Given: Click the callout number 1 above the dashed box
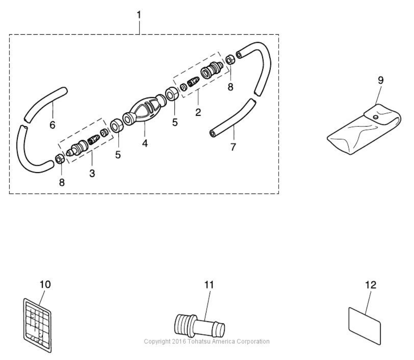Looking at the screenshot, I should (x=139, y=15).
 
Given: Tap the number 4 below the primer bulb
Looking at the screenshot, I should (x=144, y=143).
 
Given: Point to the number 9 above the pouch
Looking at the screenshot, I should (x=380, y=80).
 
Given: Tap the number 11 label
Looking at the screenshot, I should (x=209, y=284).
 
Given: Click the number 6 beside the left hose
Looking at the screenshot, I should (x=52, y=125).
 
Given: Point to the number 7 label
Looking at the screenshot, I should (x=233, y=147).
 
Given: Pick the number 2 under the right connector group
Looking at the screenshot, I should (x=198, y=112).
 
